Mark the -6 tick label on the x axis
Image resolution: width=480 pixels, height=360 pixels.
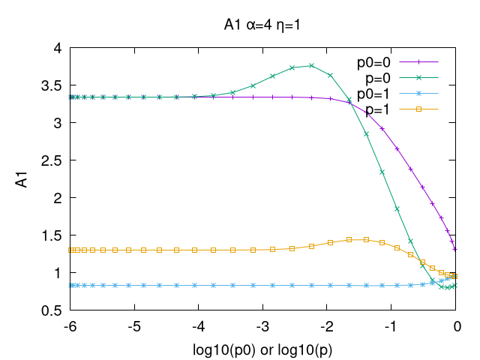tap(70, 326)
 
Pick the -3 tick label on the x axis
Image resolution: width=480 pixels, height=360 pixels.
tap(263, 326)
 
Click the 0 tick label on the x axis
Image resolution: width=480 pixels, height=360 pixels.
tap(456, 326)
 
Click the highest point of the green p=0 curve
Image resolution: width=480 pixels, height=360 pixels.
tap(311, 65)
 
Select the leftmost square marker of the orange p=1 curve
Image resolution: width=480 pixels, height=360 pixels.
tap(70, 250)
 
